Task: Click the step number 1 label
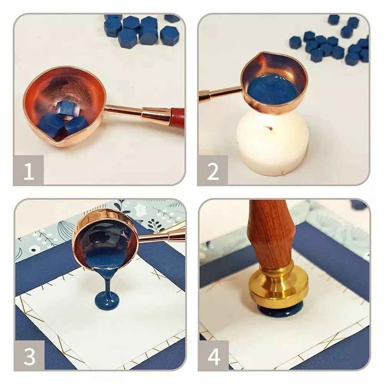(x=29, y=172)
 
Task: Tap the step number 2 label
(x=213, y=172)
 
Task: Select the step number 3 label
(x=30, y=357)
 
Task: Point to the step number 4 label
(x=214, y=357)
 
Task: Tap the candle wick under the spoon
(x=267, y=128)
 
